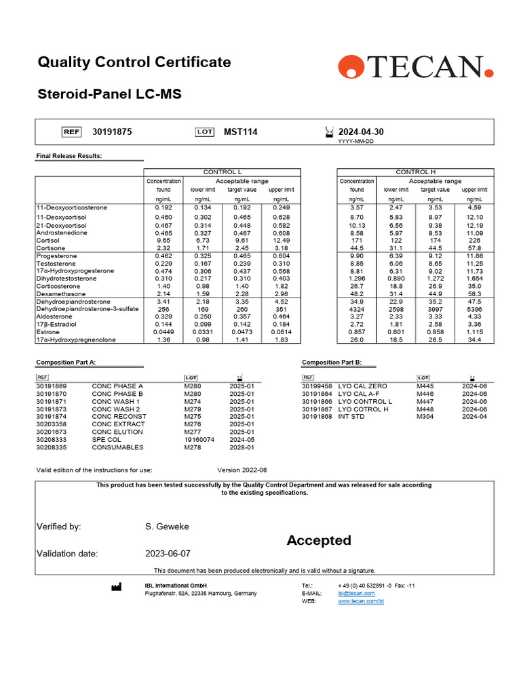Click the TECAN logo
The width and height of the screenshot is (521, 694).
click(415, 67)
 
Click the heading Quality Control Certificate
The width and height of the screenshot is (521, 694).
click(134, 62)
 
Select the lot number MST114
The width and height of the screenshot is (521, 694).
click(241, 132)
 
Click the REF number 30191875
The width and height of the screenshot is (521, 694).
click(112, 132)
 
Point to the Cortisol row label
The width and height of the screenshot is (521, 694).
click(48, 240)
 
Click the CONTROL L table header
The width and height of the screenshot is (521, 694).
click(222, 172)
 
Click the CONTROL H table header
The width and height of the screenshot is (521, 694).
click(415, 172)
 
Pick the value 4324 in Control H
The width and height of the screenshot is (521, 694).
click(357, 308)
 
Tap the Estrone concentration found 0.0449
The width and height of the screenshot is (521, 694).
click(163, 331)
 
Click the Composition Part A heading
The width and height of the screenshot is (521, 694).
click(66, 363)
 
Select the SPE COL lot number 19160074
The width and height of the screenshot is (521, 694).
click(199, 440)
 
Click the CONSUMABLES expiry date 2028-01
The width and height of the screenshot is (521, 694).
click(242, 447)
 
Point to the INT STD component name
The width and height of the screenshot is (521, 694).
click(351, 417)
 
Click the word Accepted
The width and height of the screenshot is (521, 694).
click(319, 540)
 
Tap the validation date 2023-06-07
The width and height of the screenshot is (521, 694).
click(168, 554)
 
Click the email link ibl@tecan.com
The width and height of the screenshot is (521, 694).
click(356, 594)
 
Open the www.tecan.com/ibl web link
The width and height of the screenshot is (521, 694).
click(361, 602)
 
